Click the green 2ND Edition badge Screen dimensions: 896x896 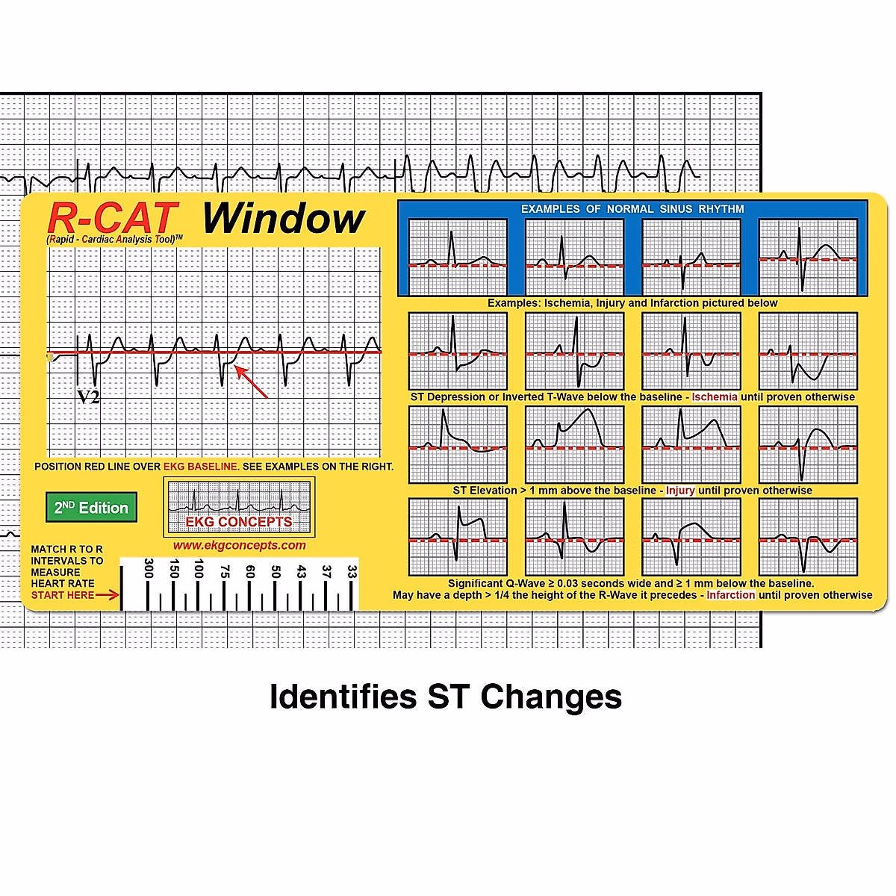coord(91,508)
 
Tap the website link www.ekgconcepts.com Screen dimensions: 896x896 coord(239,545)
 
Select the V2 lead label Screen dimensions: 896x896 coord(88,397)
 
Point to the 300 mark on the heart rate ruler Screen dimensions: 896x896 coord(148,569)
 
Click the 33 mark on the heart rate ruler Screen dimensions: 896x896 coord(351,572)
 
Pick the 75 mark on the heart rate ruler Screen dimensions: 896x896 coord(224,572)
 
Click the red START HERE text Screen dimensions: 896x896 coord(63,595)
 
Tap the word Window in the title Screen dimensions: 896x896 coord(284,218)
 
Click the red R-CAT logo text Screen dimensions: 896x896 coord(113,218)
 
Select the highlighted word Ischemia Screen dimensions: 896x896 coord(714,396)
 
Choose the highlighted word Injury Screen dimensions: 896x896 coord(680,491)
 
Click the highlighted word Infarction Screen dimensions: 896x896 coord(731,595)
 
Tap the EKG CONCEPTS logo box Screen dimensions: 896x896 coord(239,506)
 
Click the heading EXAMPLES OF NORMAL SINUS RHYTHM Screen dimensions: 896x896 coord(632,209)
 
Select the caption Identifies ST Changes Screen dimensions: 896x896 coord(446,697)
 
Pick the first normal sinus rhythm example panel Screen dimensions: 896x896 coord(458,257)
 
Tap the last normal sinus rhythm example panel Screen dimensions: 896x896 coord(808,257)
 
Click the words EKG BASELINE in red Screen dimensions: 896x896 coord(201,466)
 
